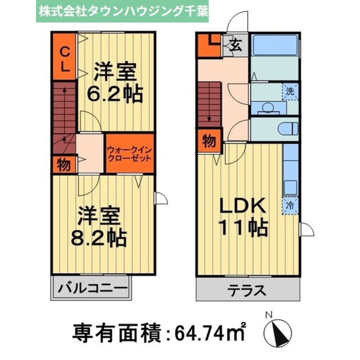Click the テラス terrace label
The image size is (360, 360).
248,290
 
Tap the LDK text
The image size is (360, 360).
243,206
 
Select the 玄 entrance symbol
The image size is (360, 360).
235,46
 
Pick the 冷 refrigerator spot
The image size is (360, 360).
290,206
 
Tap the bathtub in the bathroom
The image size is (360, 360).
275,45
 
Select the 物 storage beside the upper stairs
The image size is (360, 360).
64,165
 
